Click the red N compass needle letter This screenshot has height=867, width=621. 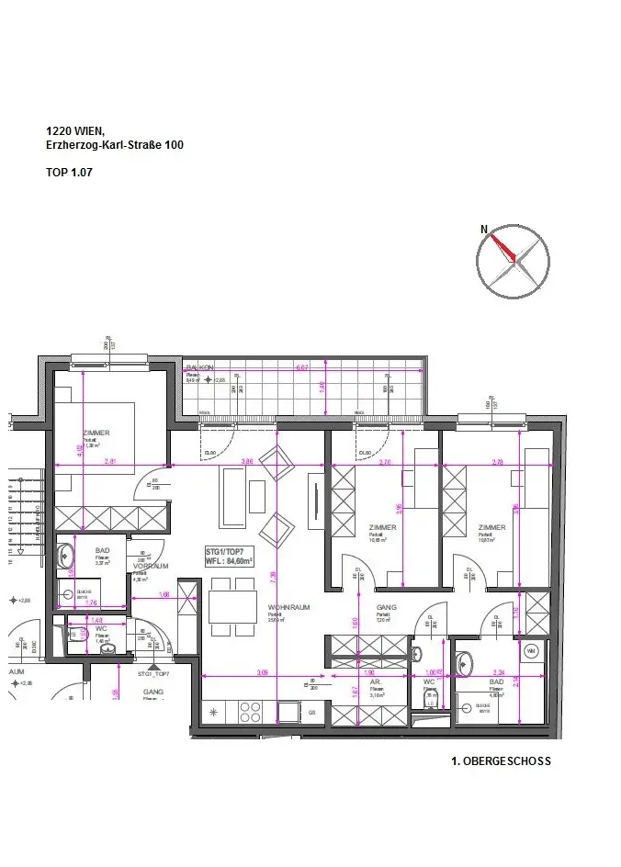tap(483, 229)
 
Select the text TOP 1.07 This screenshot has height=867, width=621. tap(70, 172)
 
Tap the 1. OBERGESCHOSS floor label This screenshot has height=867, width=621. tap(501, 761)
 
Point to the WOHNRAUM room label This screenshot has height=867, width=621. tap(288, 608)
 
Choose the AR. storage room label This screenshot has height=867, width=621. tap(376, 682)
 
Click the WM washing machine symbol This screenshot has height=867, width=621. tap(530, 651)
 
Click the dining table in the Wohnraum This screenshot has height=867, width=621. tap(231, 606)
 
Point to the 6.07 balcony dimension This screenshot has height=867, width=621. tap(301, 368)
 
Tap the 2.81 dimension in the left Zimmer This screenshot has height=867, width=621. tap(110, 460)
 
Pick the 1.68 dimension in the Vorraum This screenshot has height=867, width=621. tap(164, 595)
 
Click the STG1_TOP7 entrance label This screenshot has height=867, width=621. tap(153, 674)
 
